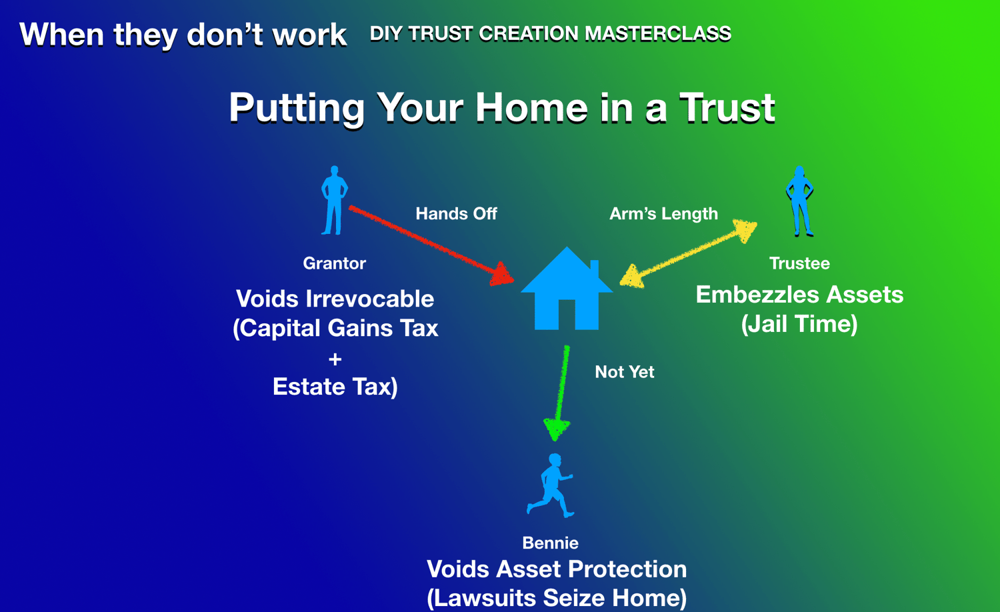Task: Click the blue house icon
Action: click(567, 290)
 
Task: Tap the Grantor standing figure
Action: click(334, 201)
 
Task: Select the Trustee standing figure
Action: click(799, 201)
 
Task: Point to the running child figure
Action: click(551, 486)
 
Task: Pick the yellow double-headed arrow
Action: click(689, 253)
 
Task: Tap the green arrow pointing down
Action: click(560, 393)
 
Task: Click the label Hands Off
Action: click(456, 214)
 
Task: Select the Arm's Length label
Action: click(664, 214)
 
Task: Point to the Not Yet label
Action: click(625, 372)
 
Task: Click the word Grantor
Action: click(335, 263)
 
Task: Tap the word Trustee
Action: click(799, 263)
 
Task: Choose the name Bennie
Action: click(551, 543)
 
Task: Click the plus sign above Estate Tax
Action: click(335, 359)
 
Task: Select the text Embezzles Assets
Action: click(799, 295)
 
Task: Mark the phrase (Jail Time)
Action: click(799, 323)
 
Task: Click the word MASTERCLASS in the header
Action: click(658, 33)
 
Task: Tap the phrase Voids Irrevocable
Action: click(335, 298)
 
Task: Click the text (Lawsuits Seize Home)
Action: click(557, 598)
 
